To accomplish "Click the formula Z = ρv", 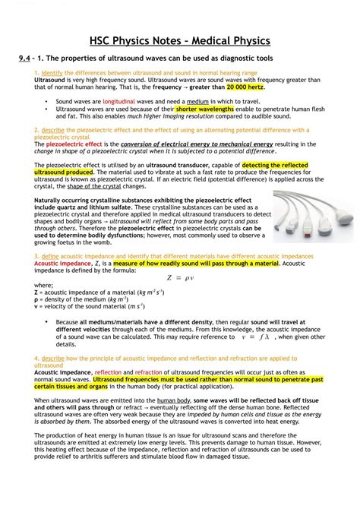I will (179, 277).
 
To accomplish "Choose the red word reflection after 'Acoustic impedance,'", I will (108, 372).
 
